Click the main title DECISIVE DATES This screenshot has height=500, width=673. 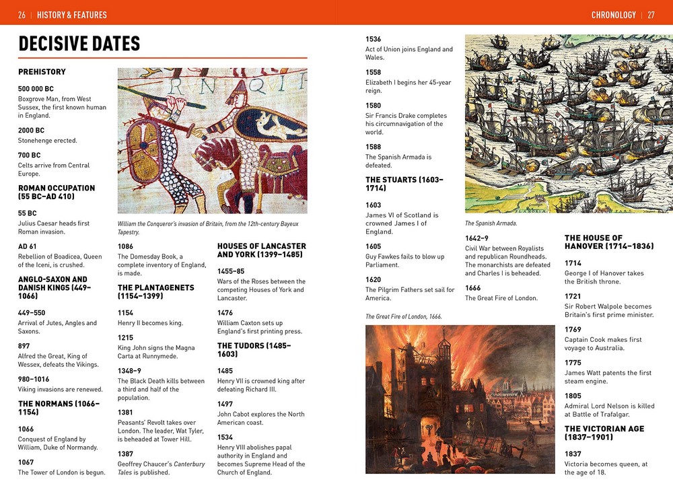tap(79, 44)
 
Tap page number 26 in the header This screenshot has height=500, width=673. tap(22, 15)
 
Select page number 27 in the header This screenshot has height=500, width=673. tap(651, 15)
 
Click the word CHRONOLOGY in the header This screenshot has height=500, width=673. tap(613, 15)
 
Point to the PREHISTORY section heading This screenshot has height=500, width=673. tap(42, 72)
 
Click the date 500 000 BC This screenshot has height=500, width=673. tap(36, 89)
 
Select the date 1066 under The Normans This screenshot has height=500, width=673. tap(26, 429)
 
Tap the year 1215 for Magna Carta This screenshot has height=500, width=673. tap(125, 338)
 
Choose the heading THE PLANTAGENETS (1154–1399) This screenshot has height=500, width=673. tap(155, 291)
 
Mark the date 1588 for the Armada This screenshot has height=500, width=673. tap(373, 147)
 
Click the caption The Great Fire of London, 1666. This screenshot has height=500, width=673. tap(404, 316)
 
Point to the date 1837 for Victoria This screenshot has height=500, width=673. tap(573, 454)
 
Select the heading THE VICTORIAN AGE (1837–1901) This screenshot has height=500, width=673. tap(604, 433)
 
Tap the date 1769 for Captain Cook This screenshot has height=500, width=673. tap(573, 330)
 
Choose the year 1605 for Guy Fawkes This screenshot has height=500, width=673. tap(373, 247)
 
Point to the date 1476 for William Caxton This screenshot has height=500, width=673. tap(225, 313)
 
